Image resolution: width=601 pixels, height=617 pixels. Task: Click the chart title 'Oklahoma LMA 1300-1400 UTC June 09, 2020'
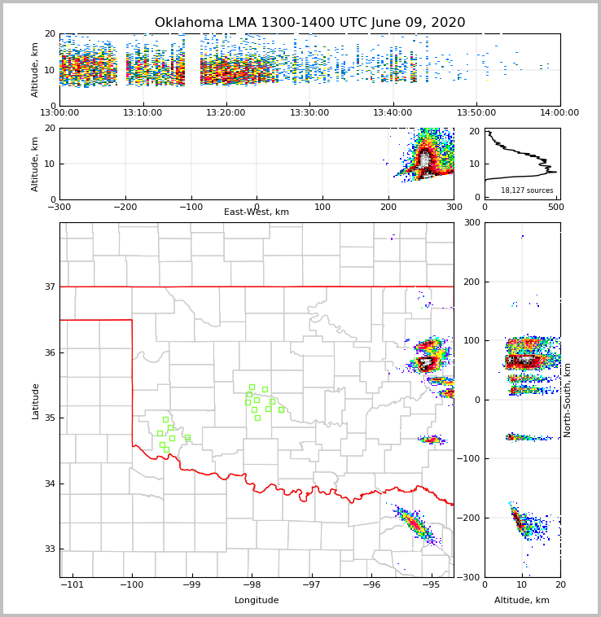pyautogui.click(x=309, y=23)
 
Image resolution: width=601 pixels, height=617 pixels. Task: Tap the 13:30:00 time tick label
pyautogui.click(x=309, y=113)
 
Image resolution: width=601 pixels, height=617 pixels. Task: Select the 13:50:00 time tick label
pyautogui.click(x=476, y=113)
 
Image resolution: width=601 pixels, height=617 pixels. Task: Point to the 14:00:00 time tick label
pyautogui.click(x=559, y=113)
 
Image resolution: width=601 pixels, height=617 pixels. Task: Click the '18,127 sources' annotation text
pyautogui.click(x=527, y=190)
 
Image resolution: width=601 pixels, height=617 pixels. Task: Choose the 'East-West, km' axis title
pyautogui.click(x=257, y=212)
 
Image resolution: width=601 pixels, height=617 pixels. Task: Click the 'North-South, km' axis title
pyautogui.click(x=568, y=400)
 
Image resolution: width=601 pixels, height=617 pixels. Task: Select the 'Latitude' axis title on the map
pyautogui.click(x=35, y=400)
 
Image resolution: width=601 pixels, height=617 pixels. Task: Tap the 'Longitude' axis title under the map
pyautogui.click(x=257, y=601)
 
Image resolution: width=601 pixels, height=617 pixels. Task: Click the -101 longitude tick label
pyautogui.click(x=72, y=585)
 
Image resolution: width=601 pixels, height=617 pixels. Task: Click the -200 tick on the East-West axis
pyautogui.click(x=125, y=207)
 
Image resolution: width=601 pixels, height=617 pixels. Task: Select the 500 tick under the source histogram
pyautogui.click(x=555, y=207)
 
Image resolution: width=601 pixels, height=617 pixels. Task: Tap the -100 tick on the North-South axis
pyautogui.click(x=470, y=459)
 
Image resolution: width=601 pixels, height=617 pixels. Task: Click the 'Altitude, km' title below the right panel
pyautogui.click(x=522, y=601)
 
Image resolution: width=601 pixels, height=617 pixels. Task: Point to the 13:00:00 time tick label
pyautogui.click(x=59, y=113)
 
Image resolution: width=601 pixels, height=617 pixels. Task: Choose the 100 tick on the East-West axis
pyautogui.click(x=322, y=207)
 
